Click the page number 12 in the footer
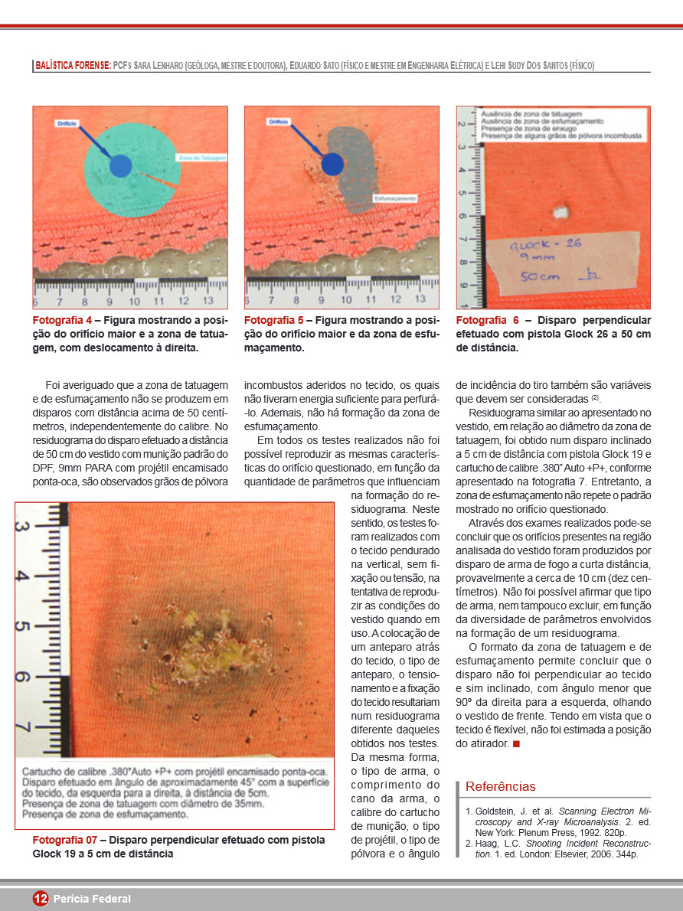point(41,899)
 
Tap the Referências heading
point(500,786)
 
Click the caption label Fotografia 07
point(64,840)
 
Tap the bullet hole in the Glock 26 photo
point(560,211)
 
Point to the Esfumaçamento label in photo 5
point(395,198)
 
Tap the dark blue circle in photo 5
point(332,164)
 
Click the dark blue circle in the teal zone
point(120,166)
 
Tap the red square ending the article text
point(516,744)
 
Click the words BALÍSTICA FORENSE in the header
point(73,66)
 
